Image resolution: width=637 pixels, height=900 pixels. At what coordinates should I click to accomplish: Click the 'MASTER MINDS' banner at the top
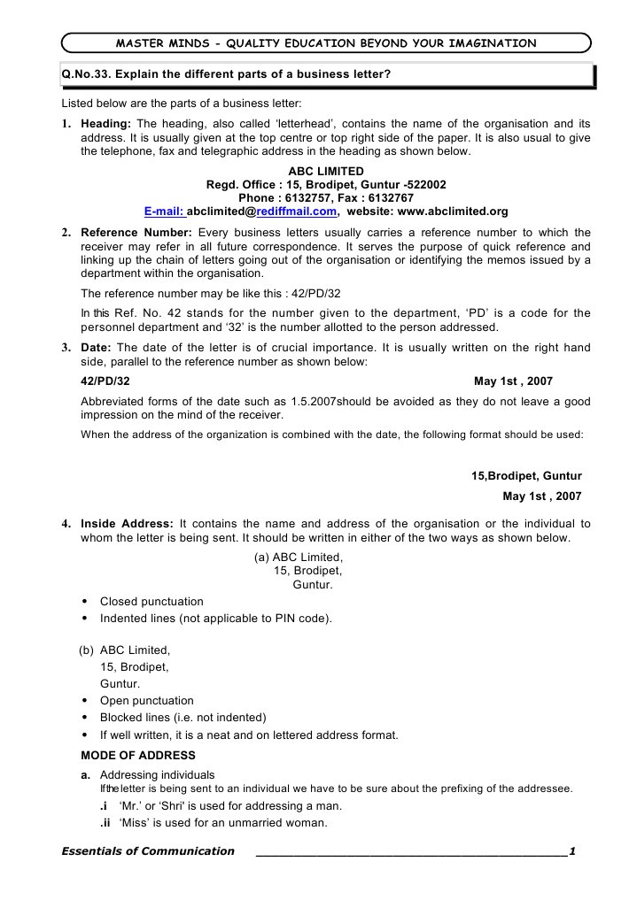click(326, 42)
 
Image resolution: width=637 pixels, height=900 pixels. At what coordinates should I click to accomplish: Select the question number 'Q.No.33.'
click(88, 75)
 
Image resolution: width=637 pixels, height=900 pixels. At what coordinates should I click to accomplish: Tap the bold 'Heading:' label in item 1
click(106, 124)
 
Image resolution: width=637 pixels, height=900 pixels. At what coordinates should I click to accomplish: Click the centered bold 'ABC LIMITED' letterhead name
click(326, 171)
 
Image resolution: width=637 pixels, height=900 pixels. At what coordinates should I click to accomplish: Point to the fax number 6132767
click(392, 198)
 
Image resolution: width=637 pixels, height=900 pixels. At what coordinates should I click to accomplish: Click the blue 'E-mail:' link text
click(165, 212)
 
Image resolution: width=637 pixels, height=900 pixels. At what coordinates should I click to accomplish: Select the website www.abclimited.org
click(454, 212)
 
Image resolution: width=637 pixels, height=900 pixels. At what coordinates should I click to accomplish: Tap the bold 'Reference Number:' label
click(136, 232)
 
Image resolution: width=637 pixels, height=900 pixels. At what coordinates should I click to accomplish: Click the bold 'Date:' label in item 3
click(97, 347)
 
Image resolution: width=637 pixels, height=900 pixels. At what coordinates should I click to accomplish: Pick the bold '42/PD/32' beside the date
click(105, 381)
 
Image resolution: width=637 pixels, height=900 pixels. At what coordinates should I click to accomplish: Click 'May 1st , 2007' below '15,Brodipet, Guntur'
click(541, 496)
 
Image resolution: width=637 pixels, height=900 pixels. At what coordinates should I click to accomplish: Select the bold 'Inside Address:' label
click(127, 524)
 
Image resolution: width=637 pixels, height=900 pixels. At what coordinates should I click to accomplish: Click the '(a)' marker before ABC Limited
click(261, 557)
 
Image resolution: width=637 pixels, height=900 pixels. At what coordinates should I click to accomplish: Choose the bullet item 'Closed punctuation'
click(151, 602)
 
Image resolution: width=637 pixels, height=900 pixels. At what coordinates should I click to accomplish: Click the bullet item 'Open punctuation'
click(146, 701)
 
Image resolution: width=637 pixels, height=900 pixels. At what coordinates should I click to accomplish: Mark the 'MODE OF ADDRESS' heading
click(137, 756)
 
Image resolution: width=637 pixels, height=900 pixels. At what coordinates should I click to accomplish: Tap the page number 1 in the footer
click(573, 851)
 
